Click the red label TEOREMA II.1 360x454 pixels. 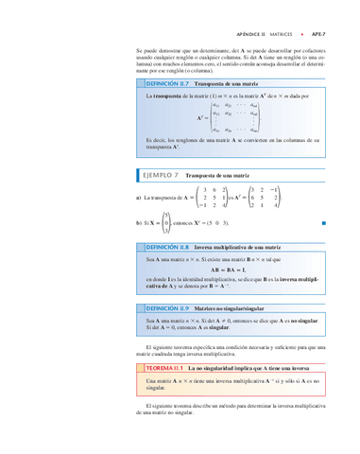tap(160, 365)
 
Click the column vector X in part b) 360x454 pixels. tap(166, 223)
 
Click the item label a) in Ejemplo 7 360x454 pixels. tap(139, 198)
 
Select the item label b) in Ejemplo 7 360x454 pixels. tap(139, 223)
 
